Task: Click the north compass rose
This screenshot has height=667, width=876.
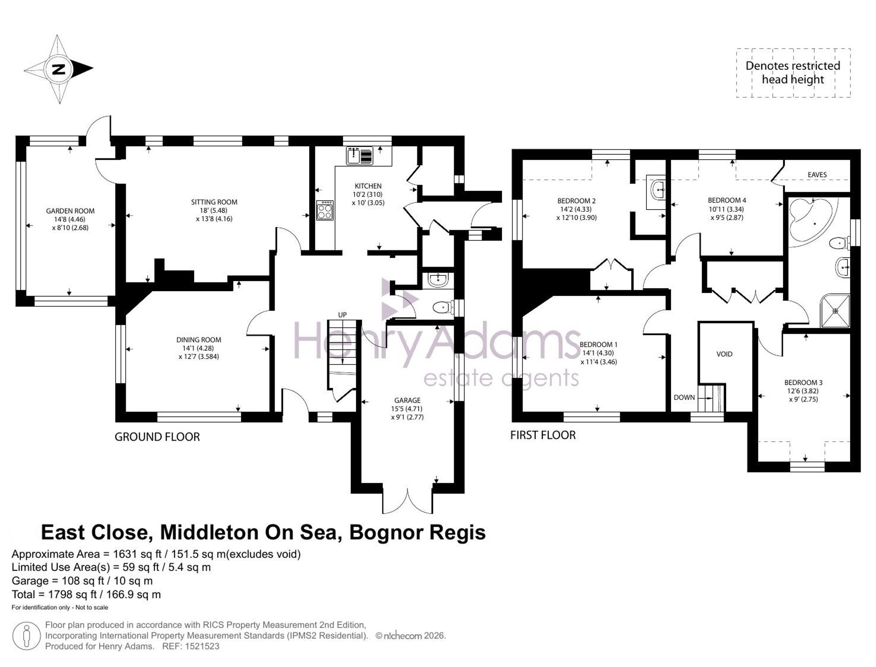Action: tap(58, 69)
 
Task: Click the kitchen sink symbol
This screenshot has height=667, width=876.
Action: tap(360, 156)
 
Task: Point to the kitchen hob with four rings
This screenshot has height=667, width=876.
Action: tap(325, 210)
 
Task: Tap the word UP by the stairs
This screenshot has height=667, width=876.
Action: tap(343, 314)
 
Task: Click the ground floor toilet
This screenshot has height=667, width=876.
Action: tap(442, 308)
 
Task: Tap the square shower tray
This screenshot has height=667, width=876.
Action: tap(835, 311)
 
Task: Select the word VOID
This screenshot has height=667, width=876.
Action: tap(724, 354)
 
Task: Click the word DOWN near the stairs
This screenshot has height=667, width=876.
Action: tap(684, 397)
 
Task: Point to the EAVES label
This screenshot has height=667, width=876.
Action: tap(817, 175)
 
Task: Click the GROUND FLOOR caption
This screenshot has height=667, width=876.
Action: tap(157, 437)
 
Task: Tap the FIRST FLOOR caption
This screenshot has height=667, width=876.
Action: tap(543, 435)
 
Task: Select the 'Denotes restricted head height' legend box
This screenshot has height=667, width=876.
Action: tap(793, 73)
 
